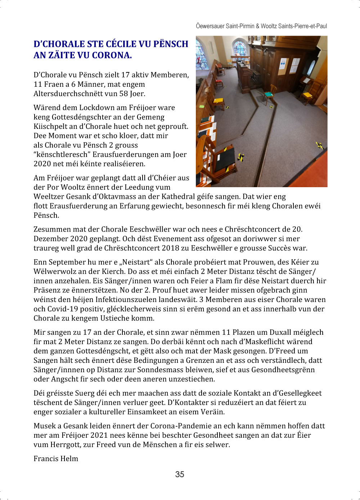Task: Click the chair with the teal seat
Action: pyautogui.click(x=268, y=94)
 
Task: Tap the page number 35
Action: pyautogui.click(x=180, y=474)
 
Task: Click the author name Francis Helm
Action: pyautogui.click(x=56, y=458)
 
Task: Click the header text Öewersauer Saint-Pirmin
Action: pyautogui.click(x=225, y=26)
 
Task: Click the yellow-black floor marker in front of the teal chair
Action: pyautogui.click(x=271, y=107)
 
